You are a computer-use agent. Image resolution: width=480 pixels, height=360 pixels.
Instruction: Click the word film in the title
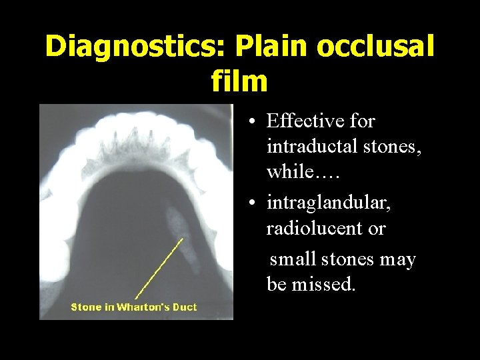[239, 81]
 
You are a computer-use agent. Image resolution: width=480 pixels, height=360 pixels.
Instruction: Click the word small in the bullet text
[293, 259]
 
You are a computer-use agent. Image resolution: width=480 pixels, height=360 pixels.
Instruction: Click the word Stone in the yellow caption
[86, 307]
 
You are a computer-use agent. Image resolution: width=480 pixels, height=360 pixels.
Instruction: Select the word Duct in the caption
[185, 307]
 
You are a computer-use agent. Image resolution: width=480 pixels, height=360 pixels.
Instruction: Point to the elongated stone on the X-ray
[184, 237]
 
